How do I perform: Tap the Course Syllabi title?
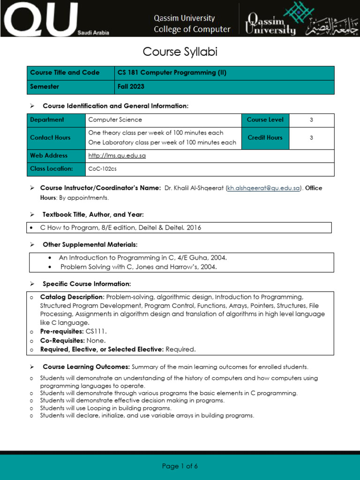click(180, 52)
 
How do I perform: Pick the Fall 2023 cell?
click(130, 87)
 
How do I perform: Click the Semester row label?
click(45, 87)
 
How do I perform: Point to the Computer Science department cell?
click(115, 120)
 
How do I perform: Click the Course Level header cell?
click(265, 120)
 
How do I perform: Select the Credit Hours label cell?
click(265, 138)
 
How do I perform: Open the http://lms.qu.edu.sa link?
click(117, 156)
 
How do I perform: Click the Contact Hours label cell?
click(50, 138)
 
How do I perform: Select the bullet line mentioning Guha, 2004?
click(142, 258)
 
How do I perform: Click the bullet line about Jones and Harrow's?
click(138, 267)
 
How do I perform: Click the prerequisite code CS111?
click(96, 331)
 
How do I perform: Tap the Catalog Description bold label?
click(72, 297)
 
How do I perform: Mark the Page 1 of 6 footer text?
click(180, 466)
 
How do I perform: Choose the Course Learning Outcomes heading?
click(86, 367)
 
